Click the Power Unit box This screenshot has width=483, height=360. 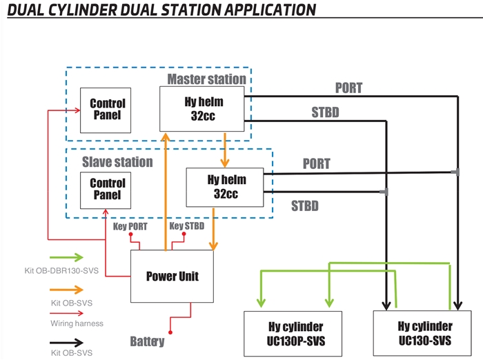pyautogui.click(x=172, y=276)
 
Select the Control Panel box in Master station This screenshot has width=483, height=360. pyautogui.click(x=107, y=110)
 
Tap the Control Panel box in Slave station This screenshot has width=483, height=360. pyautogui.click(x=107, y=189)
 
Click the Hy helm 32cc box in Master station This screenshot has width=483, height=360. pyautogui.click(x=204, y=108)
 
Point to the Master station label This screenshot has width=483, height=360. pyautogui.click(x=206, y=79)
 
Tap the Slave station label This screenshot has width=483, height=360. pyautogui.click(x=117, y=162)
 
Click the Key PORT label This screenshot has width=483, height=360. pyautogui.click(x=130, y=226)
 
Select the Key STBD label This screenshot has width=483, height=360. pyautogui.click(x=186, y=226)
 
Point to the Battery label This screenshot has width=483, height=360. pyautogui.click(x=147, y=341)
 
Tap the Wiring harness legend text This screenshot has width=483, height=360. pyautogui.click(x=75, y=323)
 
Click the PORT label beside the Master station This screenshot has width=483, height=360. pyautogui.click(x=348, y=88)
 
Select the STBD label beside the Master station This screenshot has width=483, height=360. pyautogui.click(x=325, y=112)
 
